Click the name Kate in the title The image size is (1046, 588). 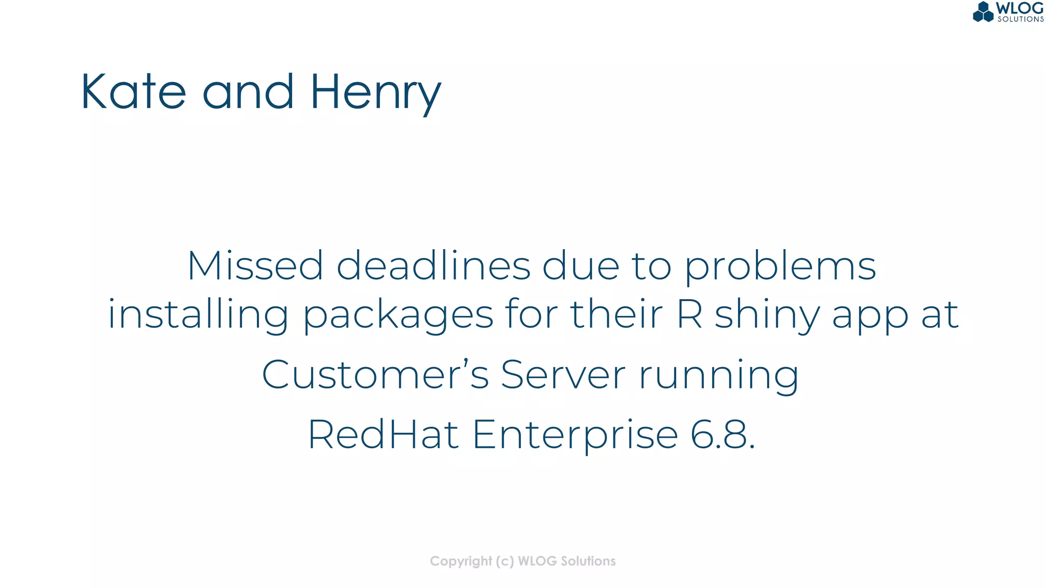tap(133, 92)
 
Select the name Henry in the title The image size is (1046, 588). tap(375, 93)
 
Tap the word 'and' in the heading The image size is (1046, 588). tap(248, 92)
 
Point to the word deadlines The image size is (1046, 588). tap(433, 266)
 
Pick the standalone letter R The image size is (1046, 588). tap(690, 314)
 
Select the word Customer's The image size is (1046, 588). tap(375, 375)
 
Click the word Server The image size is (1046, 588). tap(563, 375)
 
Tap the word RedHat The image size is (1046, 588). tap(383, 434)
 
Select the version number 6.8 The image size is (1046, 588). tap(722, 434)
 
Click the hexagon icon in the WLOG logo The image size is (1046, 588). tap(983, 12)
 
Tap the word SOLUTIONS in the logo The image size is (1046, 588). tap(1020, 19)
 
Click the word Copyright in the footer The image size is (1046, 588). tap(461, 561)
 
